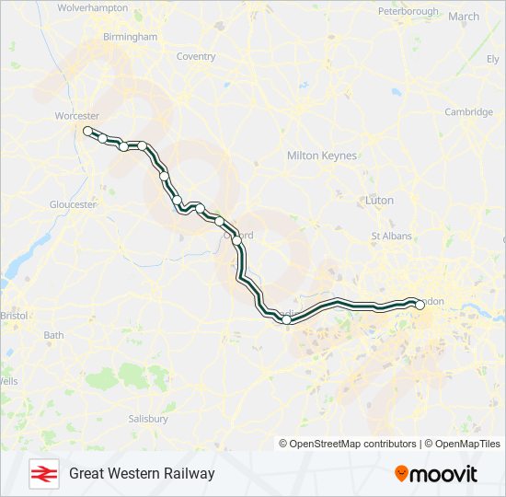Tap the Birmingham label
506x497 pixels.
(130, 37)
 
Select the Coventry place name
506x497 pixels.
(195, 56)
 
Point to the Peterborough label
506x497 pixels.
(408, 11)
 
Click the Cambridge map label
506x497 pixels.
(469, 112)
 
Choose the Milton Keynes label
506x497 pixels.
(322, 156)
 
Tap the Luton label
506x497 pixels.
(379, 200)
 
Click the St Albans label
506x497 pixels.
(391, 237)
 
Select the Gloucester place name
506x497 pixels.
(74, 204)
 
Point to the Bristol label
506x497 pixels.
(15, 316)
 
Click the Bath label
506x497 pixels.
(53, 335)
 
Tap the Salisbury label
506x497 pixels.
(148, 419)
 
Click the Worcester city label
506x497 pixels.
(77, 116)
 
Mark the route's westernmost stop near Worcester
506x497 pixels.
(88, 132)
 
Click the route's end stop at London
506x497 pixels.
(419, 303)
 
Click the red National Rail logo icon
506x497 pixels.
(41, 473)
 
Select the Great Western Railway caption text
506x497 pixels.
(142, 473)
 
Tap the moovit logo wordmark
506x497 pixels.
(436, 474)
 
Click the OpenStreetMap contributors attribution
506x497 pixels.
(348, 444)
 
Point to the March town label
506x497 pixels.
(464, 16)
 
